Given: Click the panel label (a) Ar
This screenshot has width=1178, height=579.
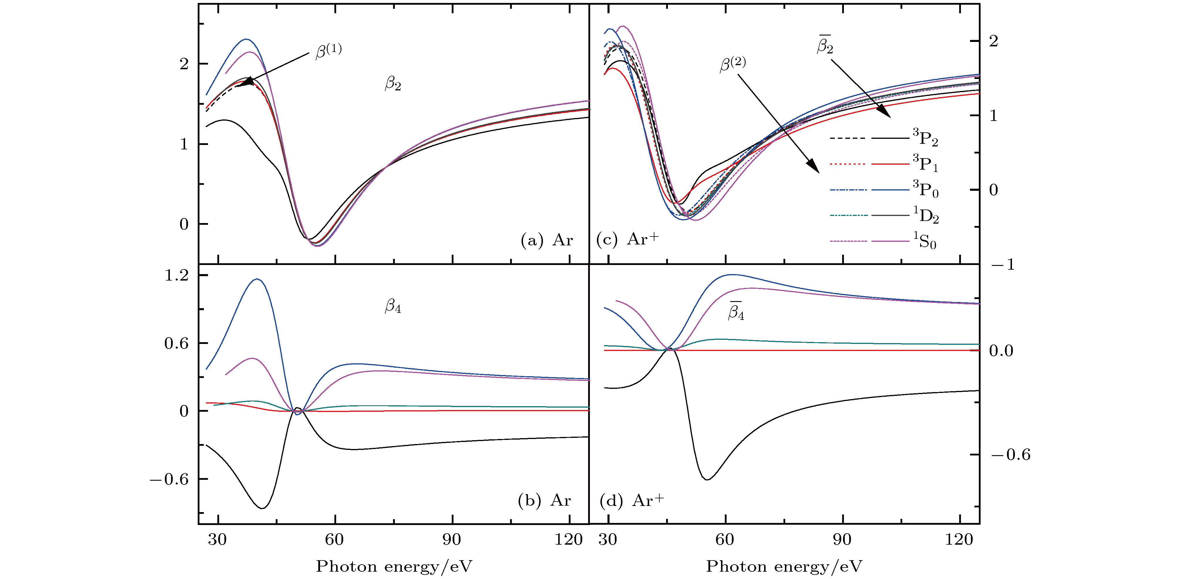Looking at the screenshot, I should click(x=546, y=240).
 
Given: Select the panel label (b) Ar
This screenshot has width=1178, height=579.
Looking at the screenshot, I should click(x=544, y=500).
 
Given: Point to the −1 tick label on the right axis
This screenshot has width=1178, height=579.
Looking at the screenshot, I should click(x=1001, y=264).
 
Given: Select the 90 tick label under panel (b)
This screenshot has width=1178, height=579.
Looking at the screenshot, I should click(x=452, y=540).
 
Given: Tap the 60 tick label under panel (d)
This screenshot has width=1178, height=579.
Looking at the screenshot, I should click(x=725, y=540).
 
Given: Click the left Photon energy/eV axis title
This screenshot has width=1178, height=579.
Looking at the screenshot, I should click(x=394, y=566).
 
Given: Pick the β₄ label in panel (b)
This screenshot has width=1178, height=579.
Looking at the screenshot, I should click(x=393, y=306).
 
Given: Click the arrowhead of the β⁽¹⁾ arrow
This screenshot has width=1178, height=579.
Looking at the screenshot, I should click(x=246, y=82).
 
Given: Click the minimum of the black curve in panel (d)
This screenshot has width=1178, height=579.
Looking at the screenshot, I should click(x=707, y=479).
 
